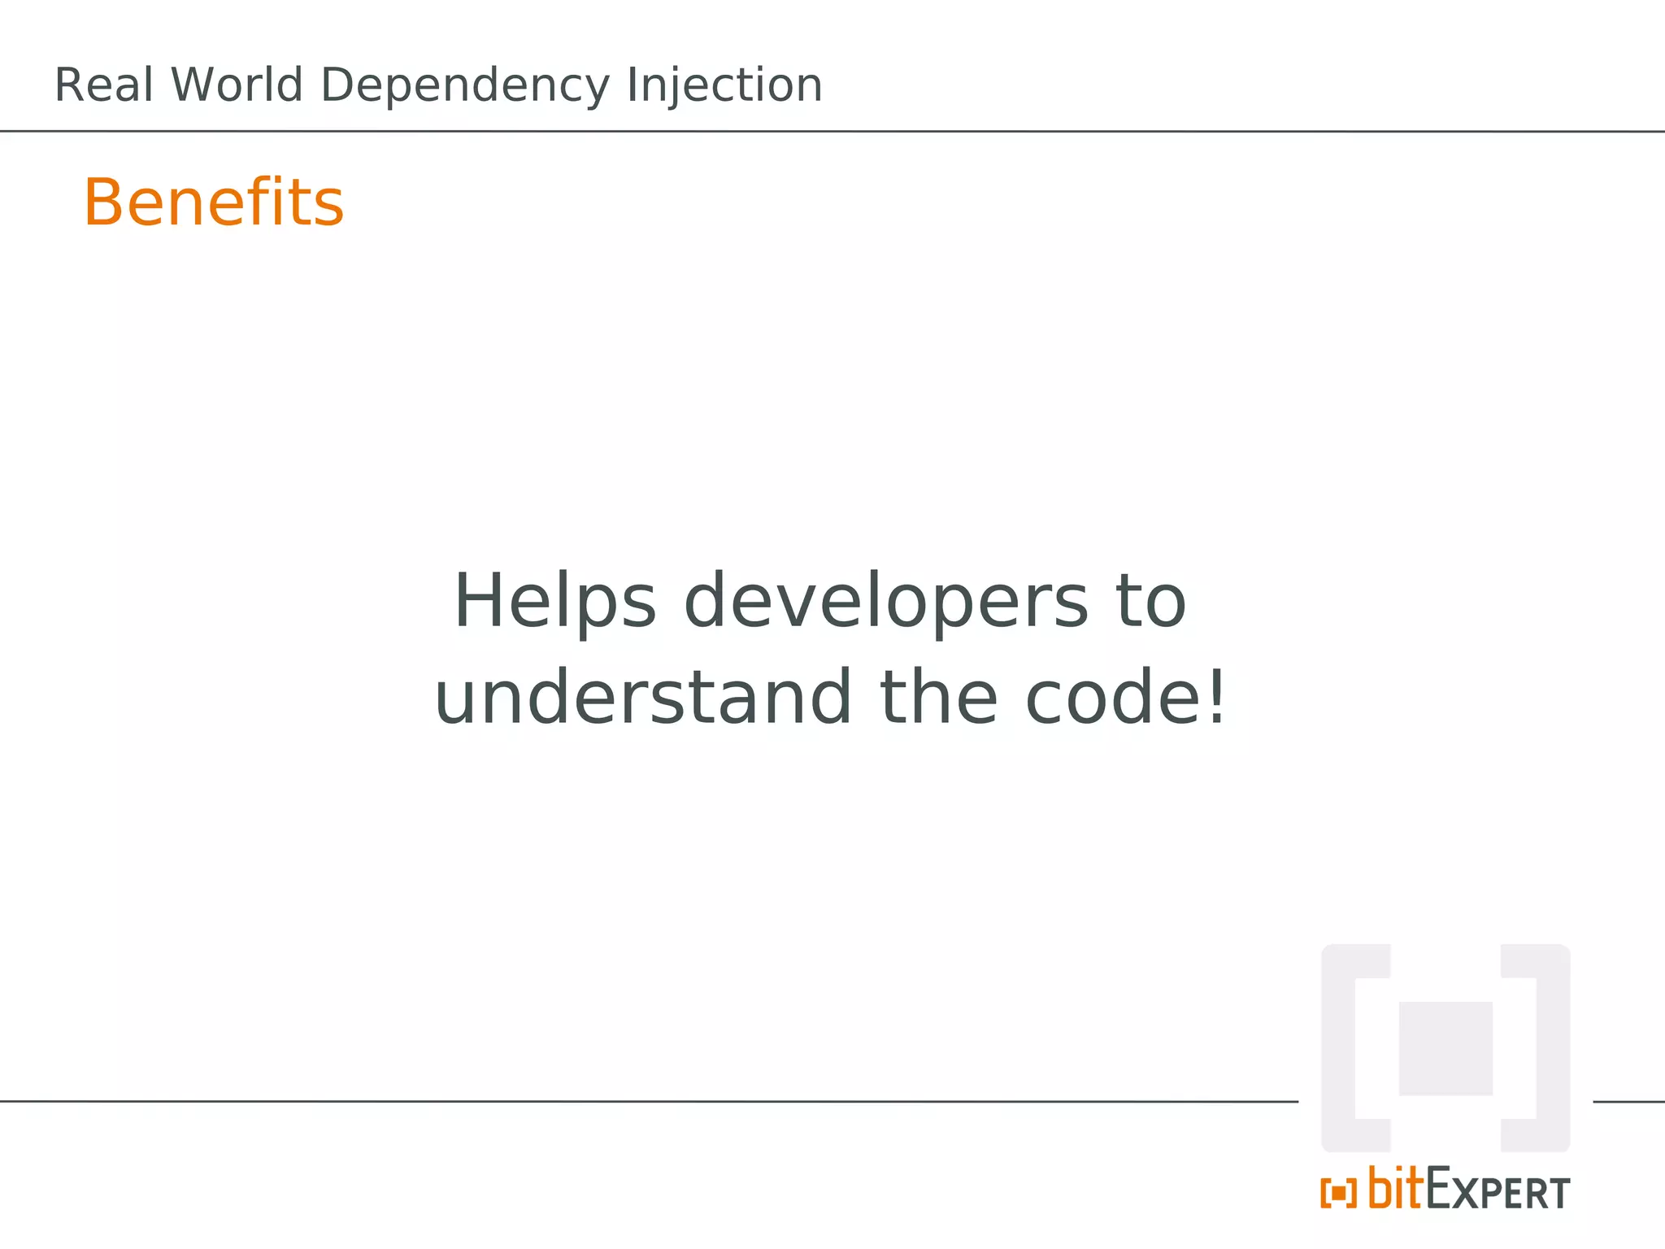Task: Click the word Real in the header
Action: pos(103,85)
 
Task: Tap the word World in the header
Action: pos(237,85)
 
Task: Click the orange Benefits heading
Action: pos(214,202)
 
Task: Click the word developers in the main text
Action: pos(885,602)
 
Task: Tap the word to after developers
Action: pos(1151,602)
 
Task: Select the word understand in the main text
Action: pos(643,698)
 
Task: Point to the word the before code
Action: pos(938,698)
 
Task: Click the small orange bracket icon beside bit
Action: pos(1338,1194)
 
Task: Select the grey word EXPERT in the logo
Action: pos(1498,1192)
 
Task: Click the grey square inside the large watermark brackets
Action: pos(1445,1048)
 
